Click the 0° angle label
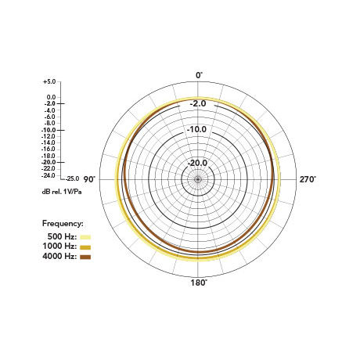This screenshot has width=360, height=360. (x=199, y=75)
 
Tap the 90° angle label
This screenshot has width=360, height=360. (x=89, y=179)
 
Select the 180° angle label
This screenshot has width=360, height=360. (x=199, y=283)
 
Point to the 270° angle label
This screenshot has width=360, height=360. (x=308, y=179)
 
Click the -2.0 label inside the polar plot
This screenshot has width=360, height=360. (x=198, y=103)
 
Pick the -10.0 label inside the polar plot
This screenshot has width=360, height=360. (x=196, y=129)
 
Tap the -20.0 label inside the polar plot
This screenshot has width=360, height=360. (x=197, y=163)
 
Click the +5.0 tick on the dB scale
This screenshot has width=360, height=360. (x=49, y=81)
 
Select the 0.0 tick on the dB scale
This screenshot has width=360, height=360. (x=51, y=97)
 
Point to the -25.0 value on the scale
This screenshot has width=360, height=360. (x=72, y=178)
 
